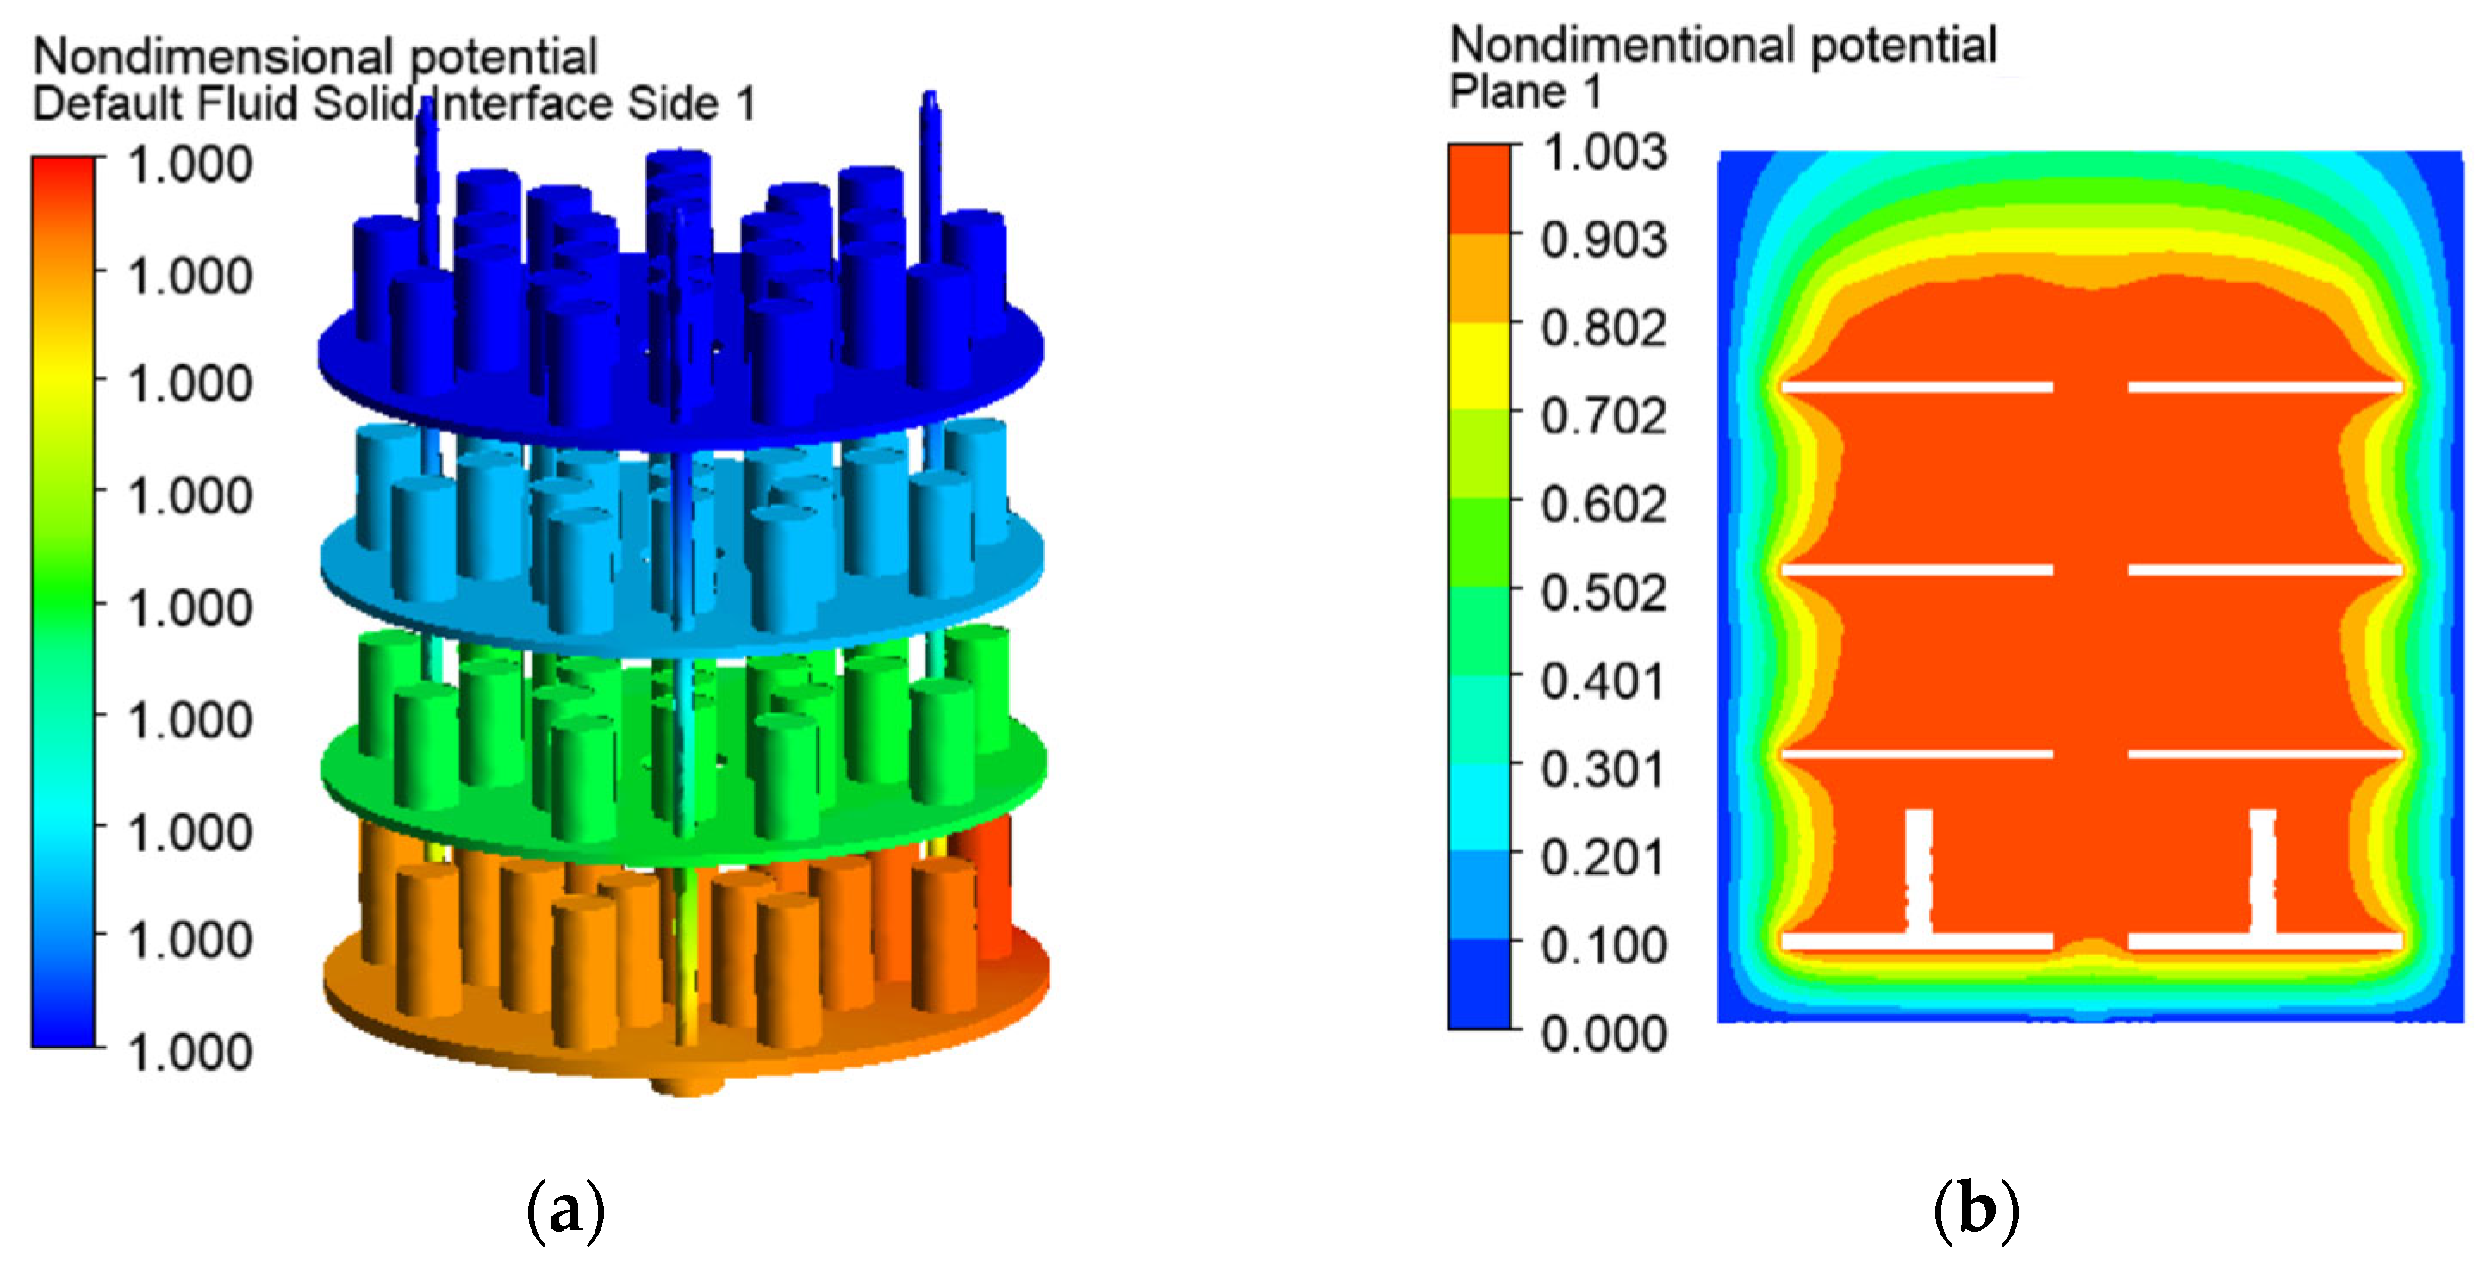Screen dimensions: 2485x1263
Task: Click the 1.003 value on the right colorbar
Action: [1604, 152]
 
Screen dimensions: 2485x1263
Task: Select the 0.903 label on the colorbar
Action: [1604, 240]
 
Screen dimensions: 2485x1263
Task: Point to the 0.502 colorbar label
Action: [1604, 593]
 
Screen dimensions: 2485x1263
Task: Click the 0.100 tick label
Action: [1604, 946]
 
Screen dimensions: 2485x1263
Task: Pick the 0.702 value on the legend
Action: [1604, 416]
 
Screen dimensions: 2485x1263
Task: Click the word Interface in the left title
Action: [522, 103]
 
